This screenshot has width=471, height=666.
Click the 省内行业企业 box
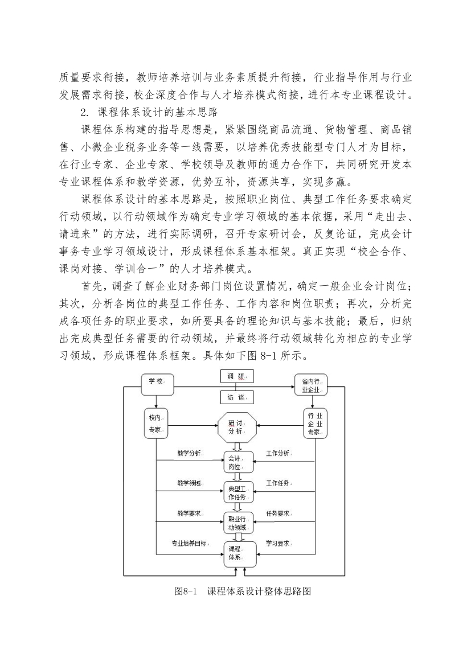(311, 385)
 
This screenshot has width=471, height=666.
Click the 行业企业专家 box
(316, 424)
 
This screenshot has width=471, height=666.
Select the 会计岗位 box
(239, 462)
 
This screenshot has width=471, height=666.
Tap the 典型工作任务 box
(239, 492)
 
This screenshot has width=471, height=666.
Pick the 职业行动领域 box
(239, 523)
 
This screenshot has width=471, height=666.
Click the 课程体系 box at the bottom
(240, 554)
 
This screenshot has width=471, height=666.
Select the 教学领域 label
(189, 484)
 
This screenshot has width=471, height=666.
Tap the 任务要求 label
(278, 513)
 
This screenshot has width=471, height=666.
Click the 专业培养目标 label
(190, 543)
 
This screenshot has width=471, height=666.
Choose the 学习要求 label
(278, 543)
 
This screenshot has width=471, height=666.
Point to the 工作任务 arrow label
(278, 483)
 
